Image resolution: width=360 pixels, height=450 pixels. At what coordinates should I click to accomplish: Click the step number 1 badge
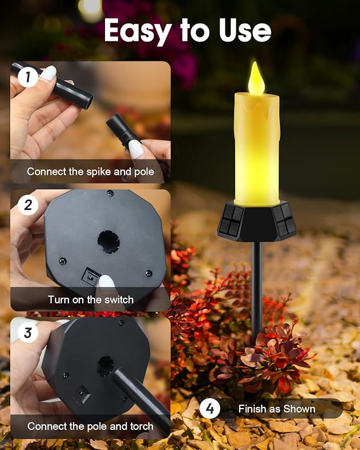point(28,78)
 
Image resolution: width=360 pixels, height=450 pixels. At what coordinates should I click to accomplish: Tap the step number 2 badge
point(28,205)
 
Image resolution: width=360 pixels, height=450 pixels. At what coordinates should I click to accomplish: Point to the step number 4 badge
point(210,409)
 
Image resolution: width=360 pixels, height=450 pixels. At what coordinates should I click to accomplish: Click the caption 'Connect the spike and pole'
point(90,172)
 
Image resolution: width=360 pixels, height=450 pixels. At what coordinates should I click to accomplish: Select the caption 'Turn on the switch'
point(91,299)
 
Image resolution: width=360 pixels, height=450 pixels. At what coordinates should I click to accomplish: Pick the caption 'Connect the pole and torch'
point(90,426)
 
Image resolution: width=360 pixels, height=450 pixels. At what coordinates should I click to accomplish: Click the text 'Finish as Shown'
point(277,409)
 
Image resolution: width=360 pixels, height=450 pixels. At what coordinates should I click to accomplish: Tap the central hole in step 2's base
point(108,242)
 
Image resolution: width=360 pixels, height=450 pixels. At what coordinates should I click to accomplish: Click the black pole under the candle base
point(257,286)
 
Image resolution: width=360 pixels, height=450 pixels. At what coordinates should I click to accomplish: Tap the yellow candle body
point(256,148)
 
